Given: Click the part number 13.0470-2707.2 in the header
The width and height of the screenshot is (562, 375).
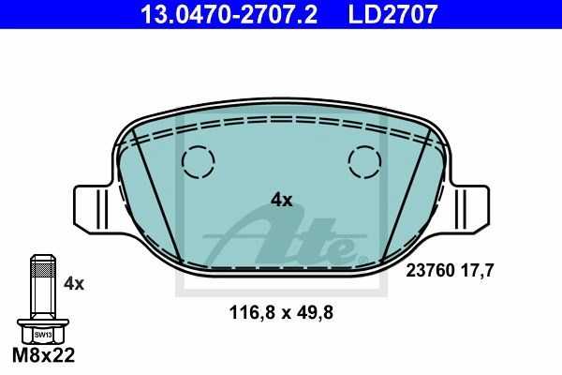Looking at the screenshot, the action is (229, 14).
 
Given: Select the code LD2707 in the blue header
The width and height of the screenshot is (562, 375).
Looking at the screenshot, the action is (392, 14).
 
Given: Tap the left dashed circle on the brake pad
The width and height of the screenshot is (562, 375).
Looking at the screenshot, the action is (199, 162).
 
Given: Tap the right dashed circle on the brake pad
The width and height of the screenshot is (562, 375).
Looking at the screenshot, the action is (364, 162).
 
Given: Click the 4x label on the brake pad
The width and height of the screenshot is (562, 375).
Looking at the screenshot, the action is (281, 200).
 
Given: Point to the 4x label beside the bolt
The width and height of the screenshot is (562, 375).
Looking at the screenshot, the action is (74, 284).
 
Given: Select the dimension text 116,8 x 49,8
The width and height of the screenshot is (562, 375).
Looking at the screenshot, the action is (281, 312).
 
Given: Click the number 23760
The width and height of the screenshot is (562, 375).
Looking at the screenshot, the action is (431, 270).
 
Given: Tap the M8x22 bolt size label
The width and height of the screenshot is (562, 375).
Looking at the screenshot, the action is (43, 355).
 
